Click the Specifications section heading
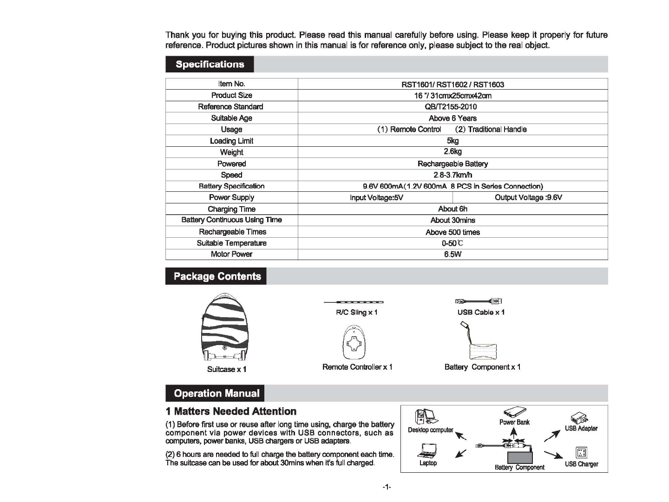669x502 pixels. (210, 64)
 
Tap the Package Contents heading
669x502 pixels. (217, 276)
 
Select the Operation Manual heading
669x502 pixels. (216, 393)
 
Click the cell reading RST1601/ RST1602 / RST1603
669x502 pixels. (453, 84)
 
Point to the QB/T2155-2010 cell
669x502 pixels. (453, 106)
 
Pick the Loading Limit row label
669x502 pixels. (231, 141)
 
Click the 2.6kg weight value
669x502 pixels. (453, 152)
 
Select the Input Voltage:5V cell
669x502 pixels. (376, 197)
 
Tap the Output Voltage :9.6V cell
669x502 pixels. (528, 197)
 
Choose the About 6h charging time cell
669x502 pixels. (453, 209)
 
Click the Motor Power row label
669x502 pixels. (231, 254)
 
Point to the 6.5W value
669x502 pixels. (453, 254)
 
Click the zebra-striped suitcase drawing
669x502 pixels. (224, 327)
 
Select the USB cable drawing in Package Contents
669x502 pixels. (479, 301)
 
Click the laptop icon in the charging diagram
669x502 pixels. (427, 450)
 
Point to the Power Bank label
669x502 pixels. (514, 422)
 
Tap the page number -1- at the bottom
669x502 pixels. (387, 487)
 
